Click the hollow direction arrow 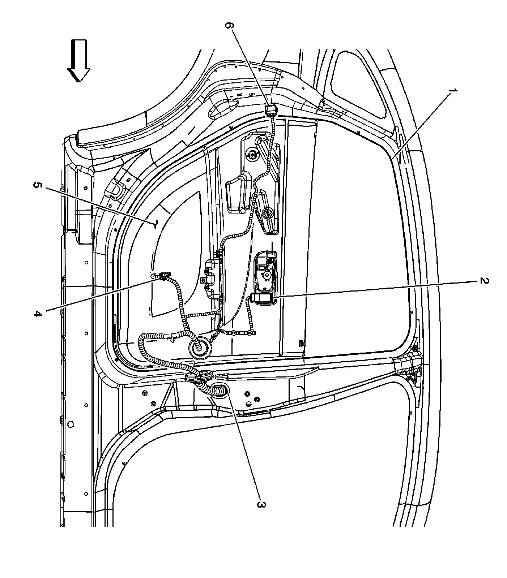coord(79,60)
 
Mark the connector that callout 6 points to coord(270,109)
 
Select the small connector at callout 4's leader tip coord(163,277)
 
